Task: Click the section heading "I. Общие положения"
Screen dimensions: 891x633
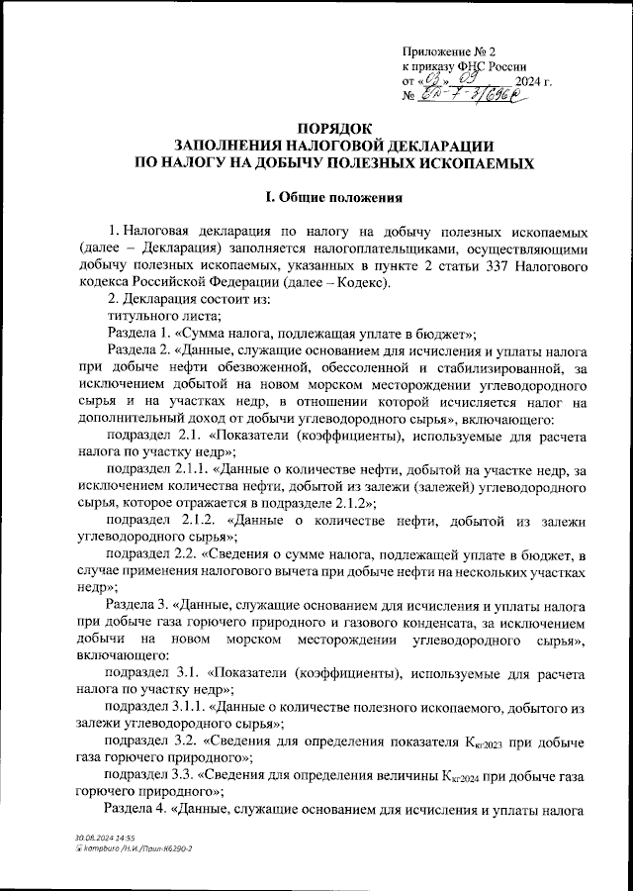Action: pos(334,196)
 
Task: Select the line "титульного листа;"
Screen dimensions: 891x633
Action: pos(158,316)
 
